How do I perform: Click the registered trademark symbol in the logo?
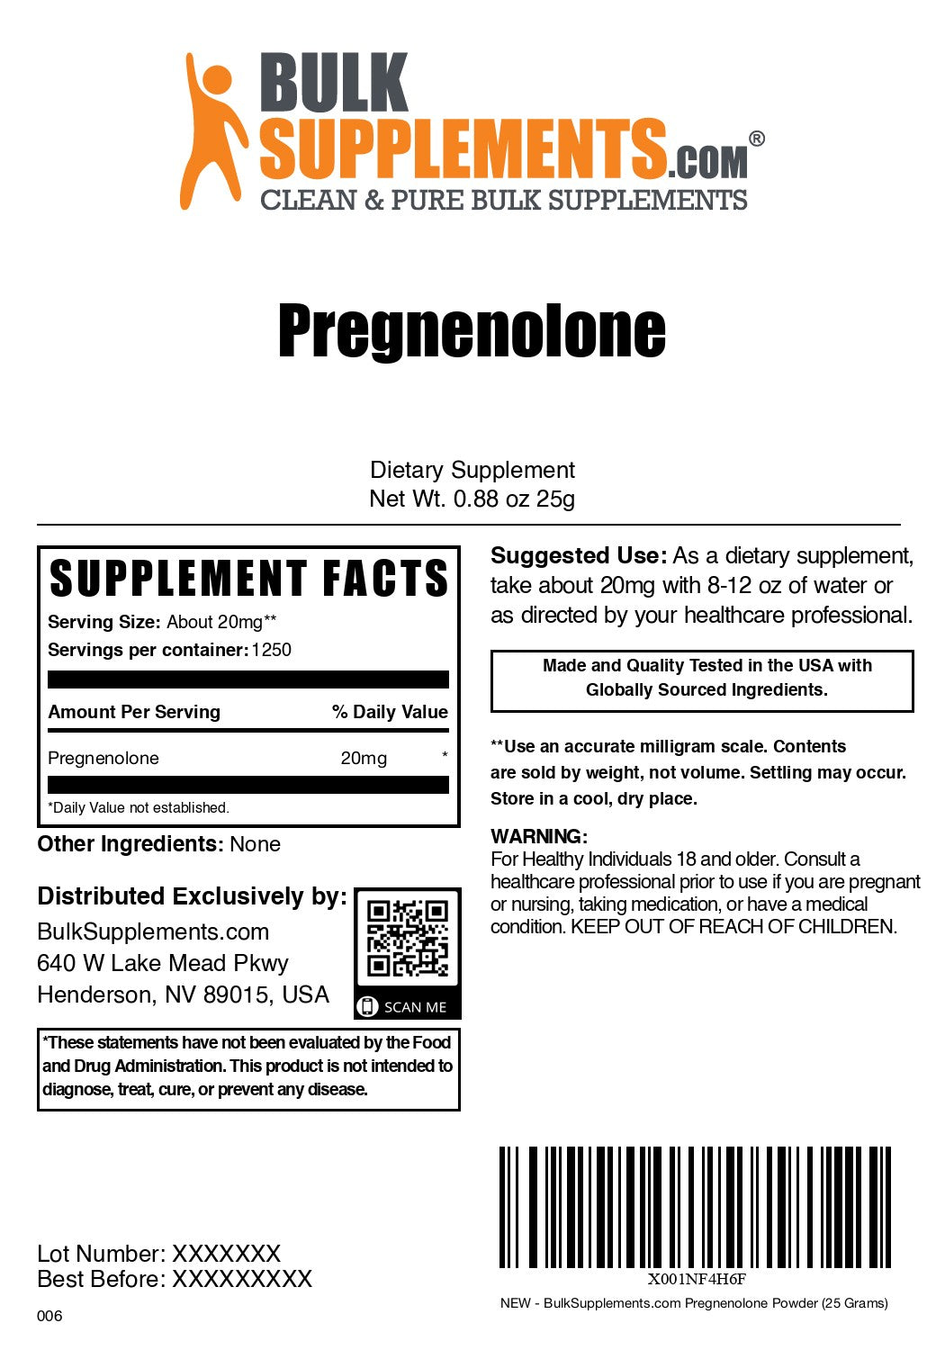click(x=757, y=139)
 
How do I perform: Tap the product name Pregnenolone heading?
click(x=472, y=331)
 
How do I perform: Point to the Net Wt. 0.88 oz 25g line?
click(x=472, y=499)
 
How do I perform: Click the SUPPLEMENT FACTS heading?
click(x=248, y=579)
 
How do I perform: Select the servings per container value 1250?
click(x=272, y=650)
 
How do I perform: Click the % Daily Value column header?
click(x=390, y=712)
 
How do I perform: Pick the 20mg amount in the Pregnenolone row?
click(x=364, y=758)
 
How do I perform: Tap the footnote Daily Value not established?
click(x=139, y=807)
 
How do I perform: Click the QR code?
click(x=408, y=938)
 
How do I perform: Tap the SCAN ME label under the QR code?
click(x=415, y=1007)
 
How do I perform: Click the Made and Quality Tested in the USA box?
click(x=702, y=678)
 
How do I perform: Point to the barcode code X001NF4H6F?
click(x=697, y=1279)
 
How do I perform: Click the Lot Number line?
click(x=158, y=1253)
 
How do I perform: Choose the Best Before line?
click(x=174, y=1279)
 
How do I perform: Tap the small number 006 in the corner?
click(x=49, y=1316)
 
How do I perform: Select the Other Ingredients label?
click(x=130, y=844)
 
